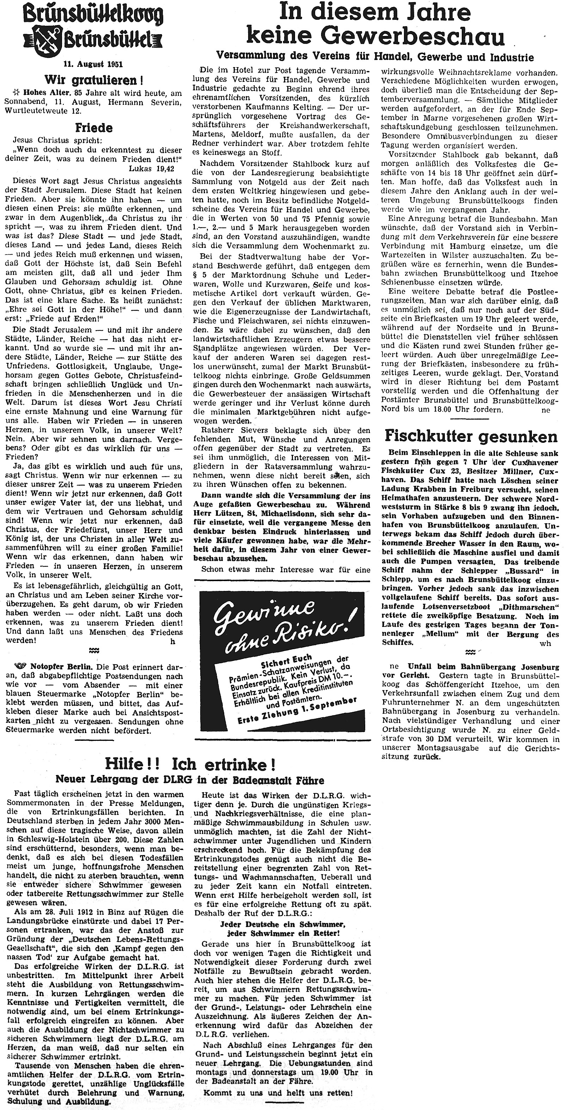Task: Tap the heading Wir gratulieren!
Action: pos(94,80)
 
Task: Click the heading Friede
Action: pos(93,128)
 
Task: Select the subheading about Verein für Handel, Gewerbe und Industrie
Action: pos(374,57)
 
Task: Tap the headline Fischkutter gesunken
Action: pos(471,437)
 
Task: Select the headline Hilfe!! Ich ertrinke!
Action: pos(190,765)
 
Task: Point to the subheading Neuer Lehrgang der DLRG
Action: pos(190,780)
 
